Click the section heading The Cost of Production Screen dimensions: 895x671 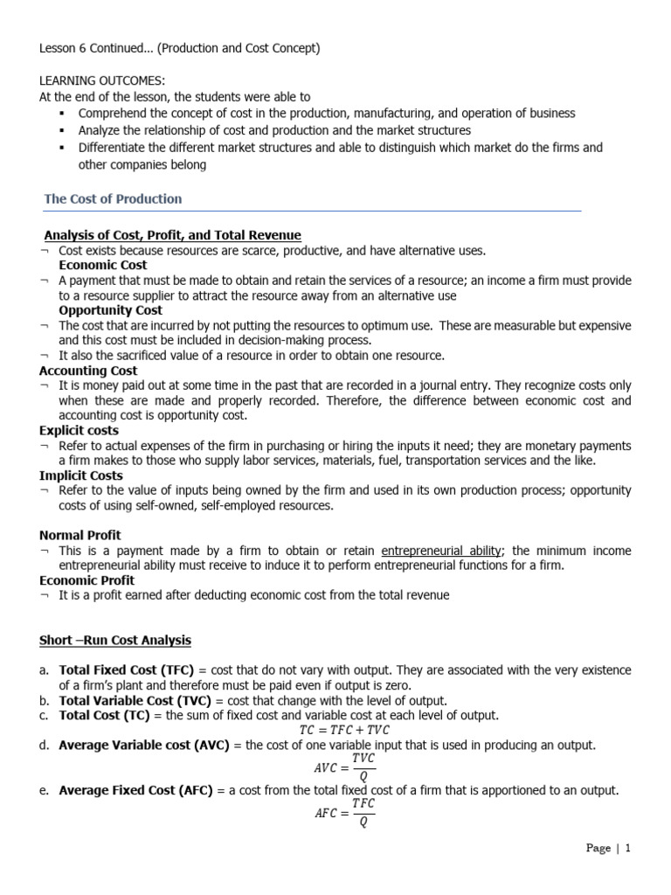tap(113, 199)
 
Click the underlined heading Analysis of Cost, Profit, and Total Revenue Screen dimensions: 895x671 tap(173, 235)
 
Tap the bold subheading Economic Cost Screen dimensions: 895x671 tap(103, 265)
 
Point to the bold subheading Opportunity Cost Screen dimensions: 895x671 tap(111, 310)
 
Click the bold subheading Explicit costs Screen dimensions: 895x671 tap(80, 431)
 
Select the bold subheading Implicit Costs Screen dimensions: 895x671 tap(81, 475)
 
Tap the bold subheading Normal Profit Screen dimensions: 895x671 tap(80, 535)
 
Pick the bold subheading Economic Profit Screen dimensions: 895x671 tap(87, 580)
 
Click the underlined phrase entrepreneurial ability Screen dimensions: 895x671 tap(441, 551)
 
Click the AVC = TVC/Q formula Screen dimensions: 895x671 tap(344, 767)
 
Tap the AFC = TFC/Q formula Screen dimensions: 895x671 tap(344, 813)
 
